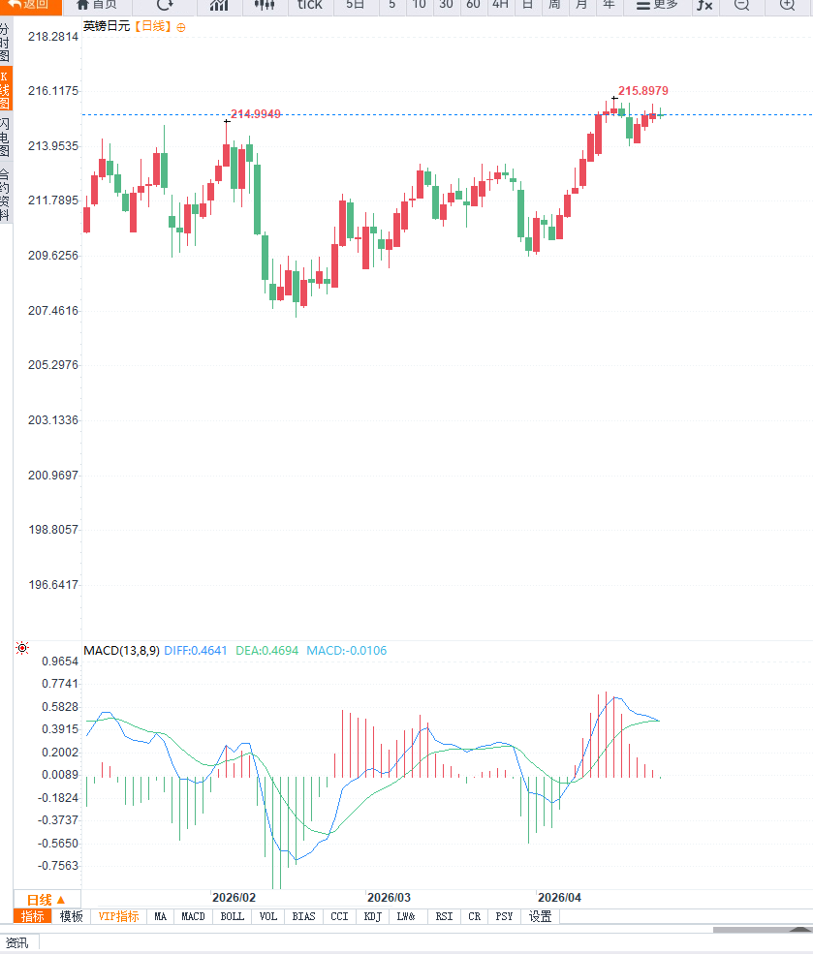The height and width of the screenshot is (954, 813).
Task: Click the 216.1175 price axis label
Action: (52, 91)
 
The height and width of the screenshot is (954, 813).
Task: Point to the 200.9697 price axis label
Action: (52, 476)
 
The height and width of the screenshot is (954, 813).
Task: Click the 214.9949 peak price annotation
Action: (256, 114)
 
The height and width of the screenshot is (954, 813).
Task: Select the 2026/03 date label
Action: (389, 898)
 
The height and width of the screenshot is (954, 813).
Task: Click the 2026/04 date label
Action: (559, 898)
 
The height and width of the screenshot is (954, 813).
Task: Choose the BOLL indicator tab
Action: (233, 916)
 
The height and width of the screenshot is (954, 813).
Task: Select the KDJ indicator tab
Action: (373, 916)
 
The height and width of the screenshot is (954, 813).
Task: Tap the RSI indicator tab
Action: (444, 916)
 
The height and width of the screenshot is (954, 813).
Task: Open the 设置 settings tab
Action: (540, 916)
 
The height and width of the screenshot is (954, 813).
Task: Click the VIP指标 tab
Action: (119, 916)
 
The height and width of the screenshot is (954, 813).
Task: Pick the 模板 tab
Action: (72, 916)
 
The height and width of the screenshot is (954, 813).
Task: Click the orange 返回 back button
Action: (29, 5)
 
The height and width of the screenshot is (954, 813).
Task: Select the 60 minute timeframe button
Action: (473, 5)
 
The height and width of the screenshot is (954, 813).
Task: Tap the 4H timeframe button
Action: (500, 5)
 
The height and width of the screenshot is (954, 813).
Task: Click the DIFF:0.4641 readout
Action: (196, 651)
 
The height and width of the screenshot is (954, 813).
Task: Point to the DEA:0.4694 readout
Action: (267, 651)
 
